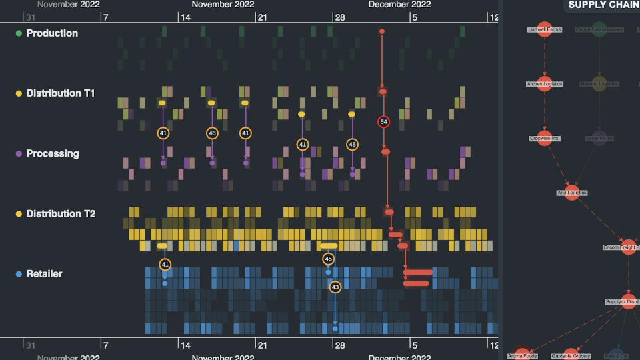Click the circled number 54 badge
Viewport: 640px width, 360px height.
383,122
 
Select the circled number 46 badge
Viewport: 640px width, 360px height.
212,133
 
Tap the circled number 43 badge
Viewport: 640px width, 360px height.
335,287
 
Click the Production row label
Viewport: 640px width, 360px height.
51,33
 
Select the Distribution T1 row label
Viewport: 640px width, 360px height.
60,93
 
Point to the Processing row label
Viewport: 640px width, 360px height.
52,153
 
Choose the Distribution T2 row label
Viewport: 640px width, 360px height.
60,214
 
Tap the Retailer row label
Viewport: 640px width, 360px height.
44,274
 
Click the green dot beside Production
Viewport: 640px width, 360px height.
19,33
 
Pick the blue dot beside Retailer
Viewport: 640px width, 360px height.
19,274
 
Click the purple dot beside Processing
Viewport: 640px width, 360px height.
19,154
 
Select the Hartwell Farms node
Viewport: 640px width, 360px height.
545,29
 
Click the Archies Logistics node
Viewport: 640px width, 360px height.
545,84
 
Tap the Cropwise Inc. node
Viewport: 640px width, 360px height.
545,138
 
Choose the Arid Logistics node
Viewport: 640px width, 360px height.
572,193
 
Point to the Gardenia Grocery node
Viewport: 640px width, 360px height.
571,355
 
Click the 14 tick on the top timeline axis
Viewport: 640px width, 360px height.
185,17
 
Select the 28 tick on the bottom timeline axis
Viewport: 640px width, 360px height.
339,345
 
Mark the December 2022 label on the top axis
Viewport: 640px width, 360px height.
399,5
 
